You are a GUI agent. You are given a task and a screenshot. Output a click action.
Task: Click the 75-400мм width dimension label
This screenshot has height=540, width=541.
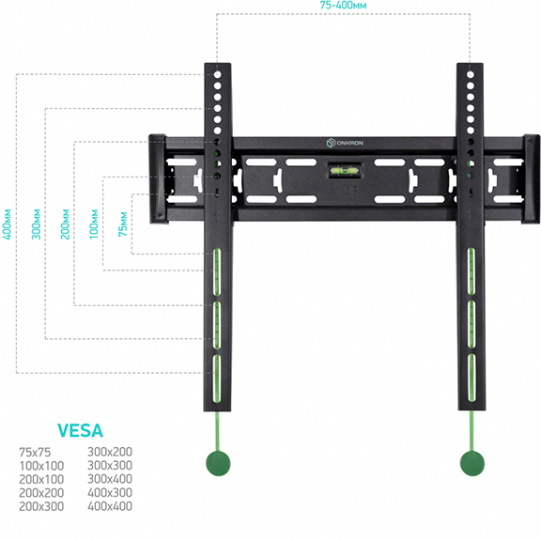click(343, 6)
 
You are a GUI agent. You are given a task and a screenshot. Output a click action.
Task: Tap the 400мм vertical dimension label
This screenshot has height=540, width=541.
click(7, 224)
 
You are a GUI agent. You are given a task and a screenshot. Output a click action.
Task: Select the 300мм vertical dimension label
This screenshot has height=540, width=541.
click(36, 224)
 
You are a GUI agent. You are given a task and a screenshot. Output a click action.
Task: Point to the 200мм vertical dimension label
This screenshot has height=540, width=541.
click(65, 224)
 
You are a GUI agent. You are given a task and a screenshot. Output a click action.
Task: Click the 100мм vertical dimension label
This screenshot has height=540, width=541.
click(94, 224)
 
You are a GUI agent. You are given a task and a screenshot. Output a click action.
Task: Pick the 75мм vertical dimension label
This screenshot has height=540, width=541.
click(123, 224)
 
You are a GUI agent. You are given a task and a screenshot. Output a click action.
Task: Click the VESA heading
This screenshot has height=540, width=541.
click(80, 431)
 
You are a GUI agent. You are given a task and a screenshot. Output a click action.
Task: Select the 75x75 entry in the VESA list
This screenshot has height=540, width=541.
click(35, 452)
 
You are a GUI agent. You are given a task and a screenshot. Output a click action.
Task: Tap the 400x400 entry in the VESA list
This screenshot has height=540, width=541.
click(110, 506)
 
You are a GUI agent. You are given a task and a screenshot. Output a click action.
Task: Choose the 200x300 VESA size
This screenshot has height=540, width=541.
click(41, 506)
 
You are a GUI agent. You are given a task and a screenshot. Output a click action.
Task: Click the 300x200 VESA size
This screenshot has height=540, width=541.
click(110, 452)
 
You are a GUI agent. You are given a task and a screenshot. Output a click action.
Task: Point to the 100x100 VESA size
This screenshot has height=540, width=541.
click(41, 466)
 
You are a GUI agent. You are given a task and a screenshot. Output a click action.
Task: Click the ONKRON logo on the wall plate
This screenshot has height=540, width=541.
click(345, 143)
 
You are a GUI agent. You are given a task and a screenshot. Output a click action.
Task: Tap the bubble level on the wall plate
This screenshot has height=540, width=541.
click(345, 170)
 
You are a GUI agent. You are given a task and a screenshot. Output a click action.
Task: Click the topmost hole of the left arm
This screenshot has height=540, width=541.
click(217, 74)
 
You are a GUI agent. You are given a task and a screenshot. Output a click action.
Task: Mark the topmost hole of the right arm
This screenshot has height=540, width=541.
click(471, 74)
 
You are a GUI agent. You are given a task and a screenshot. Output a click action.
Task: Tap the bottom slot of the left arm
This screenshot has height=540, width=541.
click(217, 378)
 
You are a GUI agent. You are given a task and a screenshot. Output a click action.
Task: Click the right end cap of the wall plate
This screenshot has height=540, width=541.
click(531, 179)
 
